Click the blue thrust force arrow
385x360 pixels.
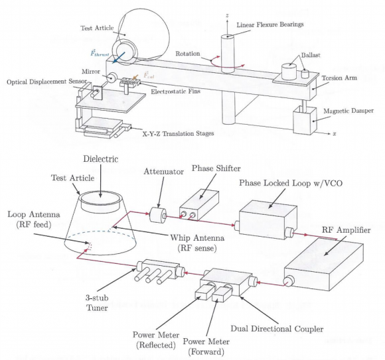(119, 58)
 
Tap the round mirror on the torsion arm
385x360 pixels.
(112, 78)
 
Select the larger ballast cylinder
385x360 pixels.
(289, 71)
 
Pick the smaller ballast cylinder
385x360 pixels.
(305, 74)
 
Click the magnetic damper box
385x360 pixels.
(305, 120)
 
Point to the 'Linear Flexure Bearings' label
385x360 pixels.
(270, 25)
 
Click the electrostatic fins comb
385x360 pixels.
(129, 82)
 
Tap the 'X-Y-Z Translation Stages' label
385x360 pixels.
(179, 134)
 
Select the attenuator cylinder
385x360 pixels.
(158, 215)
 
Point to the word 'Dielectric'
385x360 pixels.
(101, 159)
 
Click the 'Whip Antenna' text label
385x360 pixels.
(197, 237)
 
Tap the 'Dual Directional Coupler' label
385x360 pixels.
(277, 329)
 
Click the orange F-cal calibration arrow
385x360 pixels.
(135, 77)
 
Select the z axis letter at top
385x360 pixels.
(228, 15)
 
